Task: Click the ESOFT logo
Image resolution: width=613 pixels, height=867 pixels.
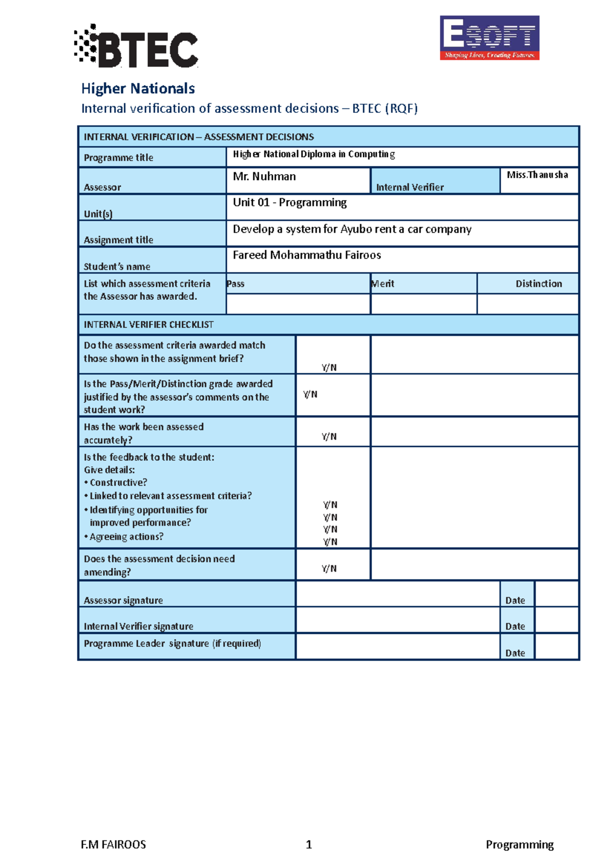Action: coord(489,38)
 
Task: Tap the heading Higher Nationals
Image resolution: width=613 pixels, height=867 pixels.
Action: coord(138,88)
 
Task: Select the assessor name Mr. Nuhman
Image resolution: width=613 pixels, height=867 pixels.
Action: coord(264,177)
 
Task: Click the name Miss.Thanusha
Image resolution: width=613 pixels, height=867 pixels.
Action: coord(537,175)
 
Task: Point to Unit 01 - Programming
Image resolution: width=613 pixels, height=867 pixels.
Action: coord(290,203)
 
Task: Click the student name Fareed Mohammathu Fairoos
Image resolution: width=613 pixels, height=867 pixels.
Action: coord(306,255)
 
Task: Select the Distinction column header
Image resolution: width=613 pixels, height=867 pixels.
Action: coord(538,284)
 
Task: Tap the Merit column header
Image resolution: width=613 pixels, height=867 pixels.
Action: coord(383,284)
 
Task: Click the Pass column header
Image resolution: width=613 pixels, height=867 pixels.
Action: coord(236,284)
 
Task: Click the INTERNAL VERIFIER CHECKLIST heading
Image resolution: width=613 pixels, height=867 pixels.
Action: coord(149,325)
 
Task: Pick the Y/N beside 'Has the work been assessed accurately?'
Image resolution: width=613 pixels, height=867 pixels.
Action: coord(329,437)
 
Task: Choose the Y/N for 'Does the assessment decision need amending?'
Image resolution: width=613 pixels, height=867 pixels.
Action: coord(329,569)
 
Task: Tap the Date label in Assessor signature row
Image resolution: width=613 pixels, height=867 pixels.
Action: coord(515,600)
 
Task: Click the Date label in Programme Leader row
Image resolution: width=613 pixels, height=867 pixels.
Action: coord(515,653)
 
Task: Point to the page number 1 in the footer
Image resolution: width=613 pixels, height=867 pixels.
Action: coord(309,845)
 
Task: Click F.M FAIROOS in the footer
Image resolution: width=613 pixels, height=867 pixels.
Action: coord(113,845)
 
